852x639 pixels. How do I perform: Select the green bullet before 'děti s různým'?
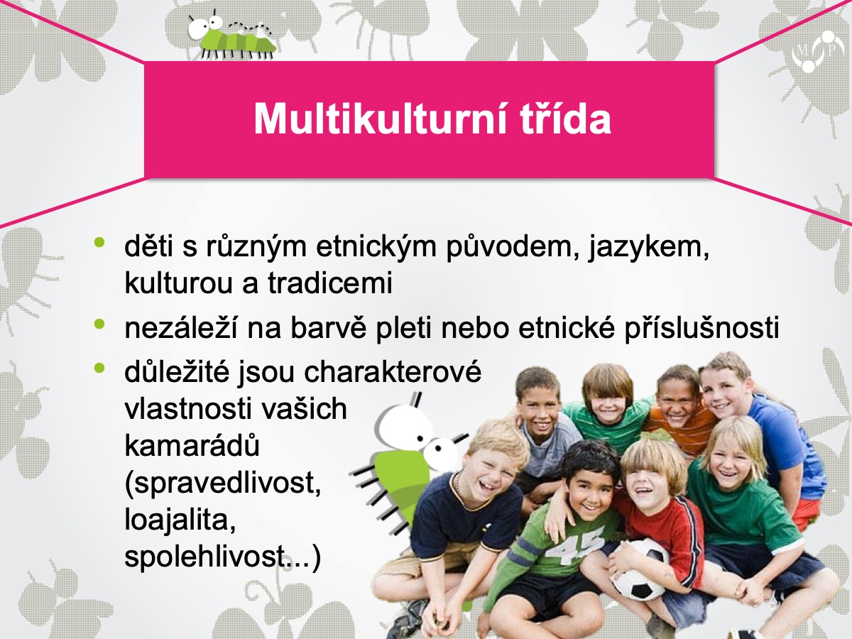coord(99,243)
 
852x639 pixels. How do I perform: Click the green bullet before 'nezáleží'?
coord(99,324)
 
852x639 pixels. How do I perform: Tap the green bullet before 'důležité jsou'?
coord(99,367)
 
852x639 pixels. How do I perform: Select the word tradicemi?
coord(330,283)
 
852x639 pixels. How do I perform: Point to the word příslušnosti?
coord(701,329)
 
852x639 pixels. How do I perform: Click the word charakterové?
coord(393,372)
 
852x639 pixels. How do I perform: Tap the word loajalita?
coord(180,520)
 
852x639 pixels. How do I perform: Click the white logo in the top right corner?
coord(817,52)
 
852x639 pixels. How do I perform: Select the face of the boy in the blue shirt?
coord(723,393)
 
